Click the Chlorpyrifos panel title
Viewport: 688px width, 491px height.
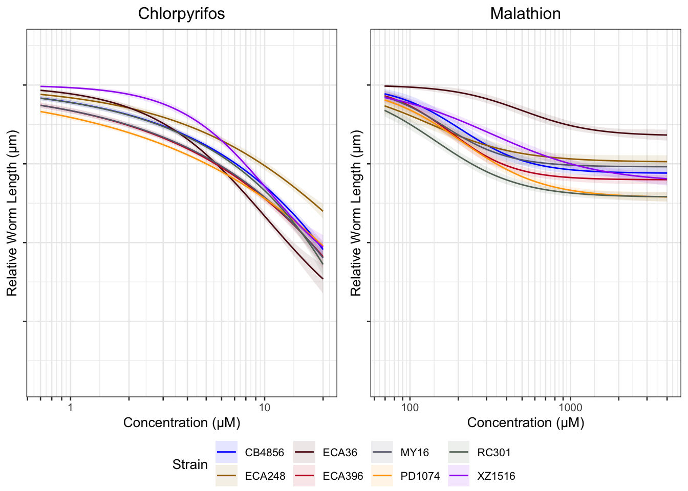(181, 14)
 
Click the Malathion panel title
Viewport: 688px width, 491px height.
(525, 14)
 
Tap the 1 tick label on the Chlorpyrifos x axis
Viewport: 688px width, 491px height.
(70, 408)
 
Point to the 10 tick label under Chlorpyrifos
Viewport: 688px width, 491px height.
(264, 408)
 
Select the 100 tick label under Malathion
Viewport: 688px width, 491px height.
(410, 408)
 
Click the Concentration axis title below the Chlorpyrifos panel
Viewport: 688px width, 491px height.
(181, 423)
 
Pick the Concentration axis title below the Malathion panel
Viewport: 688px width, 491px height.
(525, 423)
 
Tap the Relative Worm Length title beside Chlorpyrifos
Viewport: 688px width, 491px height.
(12, 213)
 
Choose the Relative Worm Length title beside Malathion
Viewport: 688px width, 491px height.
(356, 213)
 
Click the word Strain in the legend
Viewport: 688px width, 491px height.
(190, 464)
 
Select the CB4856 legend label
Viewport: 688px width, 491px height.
(264, 453)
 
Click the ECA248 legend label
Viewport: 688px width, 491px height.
(265, 476)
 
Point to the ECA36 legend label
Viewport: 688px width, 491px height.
(340, 453)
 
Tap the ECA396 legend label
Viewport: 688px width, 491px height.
(343, 476)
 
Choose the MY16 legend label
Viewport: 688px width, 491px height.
(415, 453)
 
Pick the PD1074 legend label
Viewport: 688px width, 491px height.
(420, 476)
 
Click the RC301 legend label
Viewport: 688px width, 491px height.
(494, 453)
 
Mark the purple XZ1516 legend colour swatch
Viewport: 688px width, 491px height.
(458, 476)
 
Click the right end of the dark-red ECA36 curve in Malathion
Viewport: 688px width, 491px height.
(666, 135)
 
